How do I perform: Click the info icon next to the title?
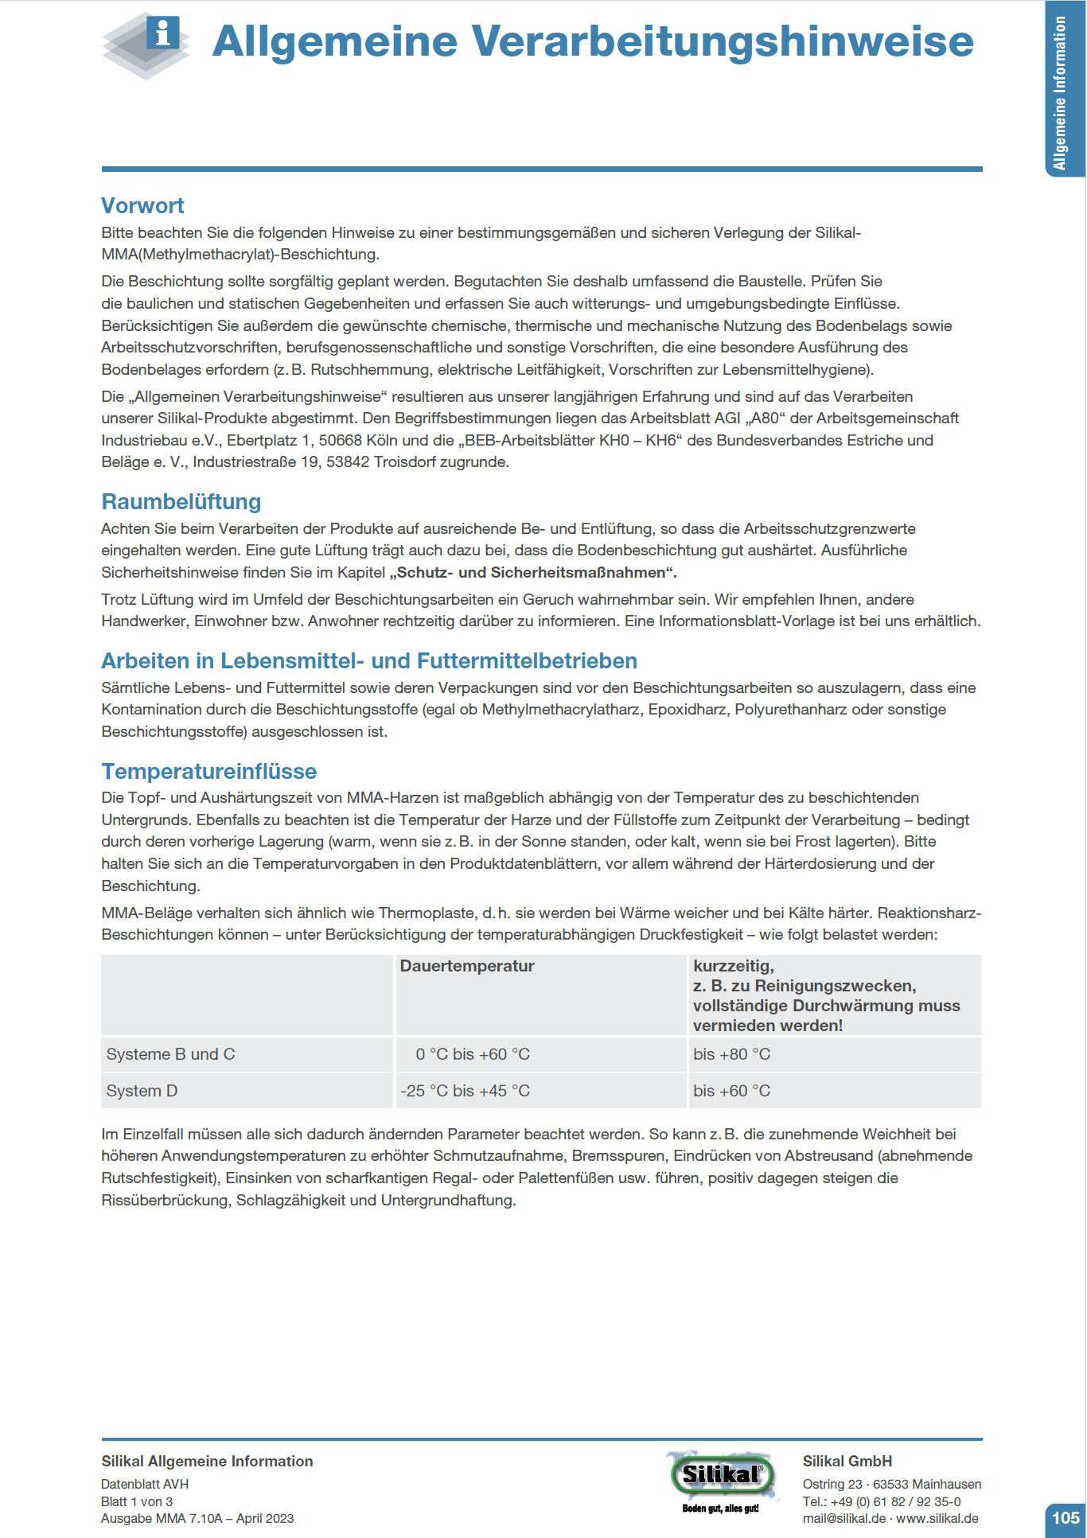tap(162, 33)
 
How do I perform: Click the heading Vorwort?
tap(142, 206)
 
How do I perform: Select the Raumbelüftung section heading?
tap(181, 502)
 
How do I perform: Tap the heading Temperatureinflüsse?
tap(209, 772)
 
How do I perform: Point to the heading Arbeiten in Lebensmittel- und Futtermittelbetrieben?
tap(369, 661)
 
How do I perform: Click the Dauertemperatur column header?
tap(467, 966)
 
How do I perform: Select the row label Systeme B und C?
tap(171, 1054)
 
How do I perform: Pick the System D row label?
tap(142, 1091)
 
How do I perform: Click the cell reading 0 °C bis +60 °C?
tap(473, 1054)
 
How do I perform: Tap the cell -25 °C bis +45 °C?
tap(466, 1091)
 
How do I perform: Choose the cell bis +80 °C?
tap(732, 1054)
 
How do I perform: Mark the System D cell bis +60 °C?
tap(732, 1091)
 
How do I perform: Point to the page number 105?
tap(1066, 1517)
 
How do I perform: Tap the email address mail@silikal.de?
tap(843, 1519)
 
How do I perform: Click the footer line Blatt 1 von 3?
tap(137, 1501)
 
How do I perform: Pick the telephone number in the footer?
tap(895, 1501)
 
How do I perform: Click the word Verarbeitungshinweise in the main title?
tap(723, 41)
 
